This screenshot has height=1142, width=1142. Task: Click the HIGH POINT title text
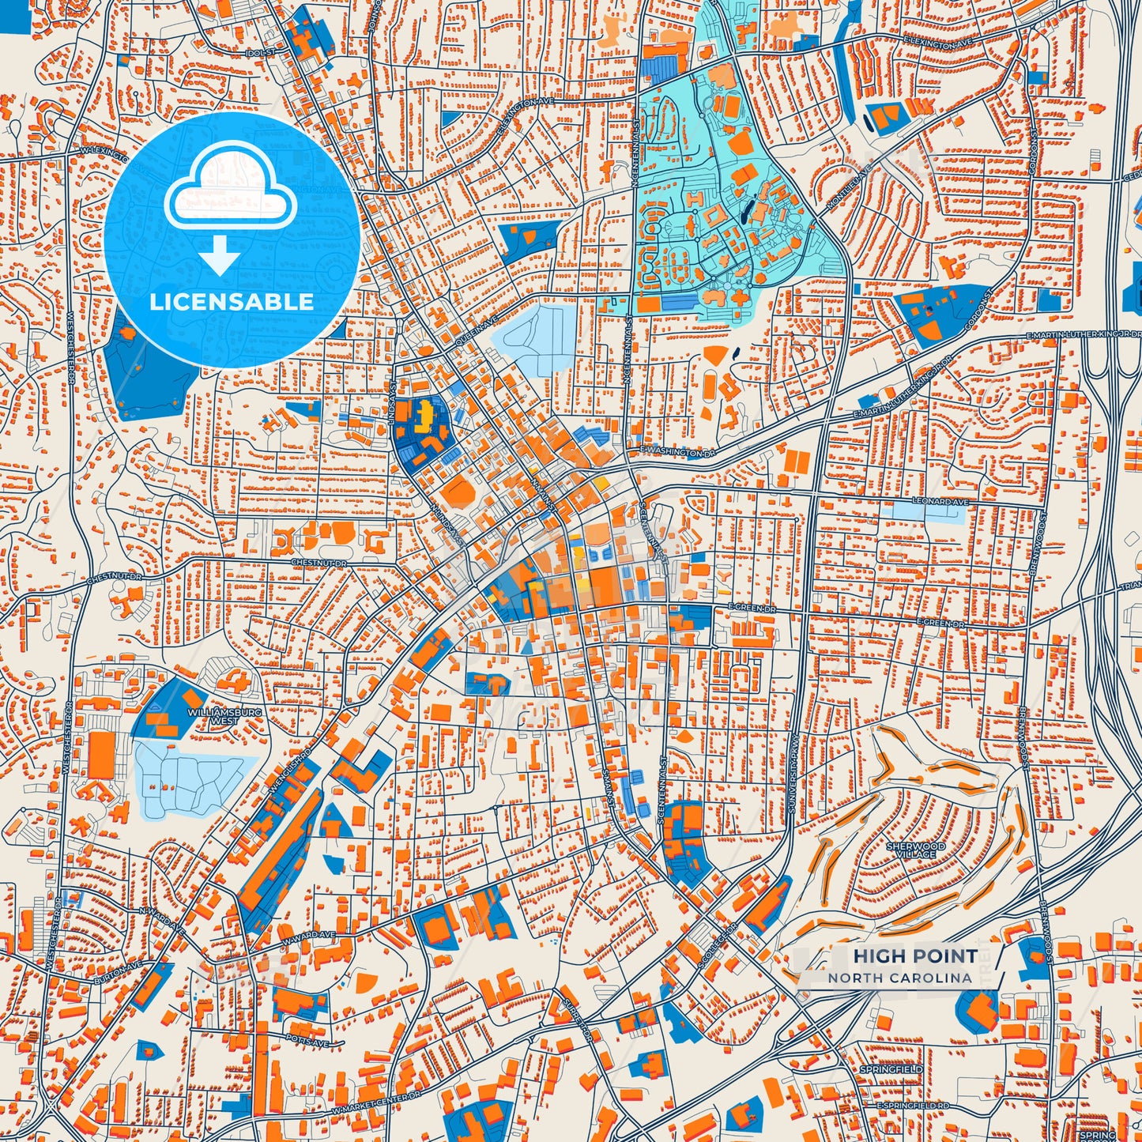click(914, 955)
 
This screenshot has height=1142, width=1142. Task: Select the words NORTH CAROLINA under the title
click(900, 978)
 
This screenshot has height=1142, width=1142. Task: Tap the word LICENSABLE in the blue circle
click(232, 301)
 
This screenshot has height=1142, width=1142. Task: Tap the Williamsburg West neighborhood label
click(213, 717)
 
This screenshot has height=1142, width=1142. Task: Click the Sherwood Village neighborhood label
click(916, 850)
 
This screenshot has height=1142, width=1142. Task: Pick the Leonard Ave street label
click(940, 502)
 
